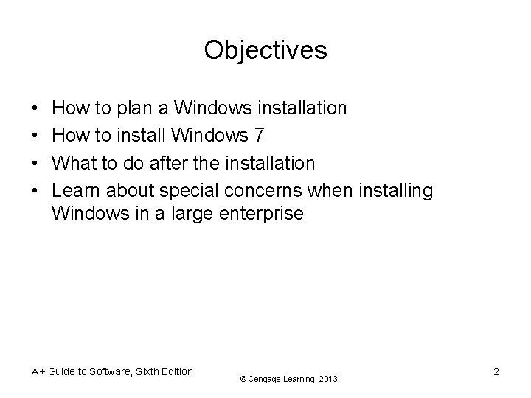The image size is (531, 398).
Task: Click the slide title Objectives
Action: pyautogui.click(x=265, y=50)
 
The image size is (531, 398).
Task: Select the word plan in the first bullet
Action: pyautogui.click(x=133, y=109)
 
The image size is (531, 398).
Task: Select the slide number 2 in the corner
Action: pyautogui.click(x=496, y=372)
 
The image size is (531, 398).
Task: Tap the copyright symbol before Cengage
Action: pyautogui.click(x=243, y=379)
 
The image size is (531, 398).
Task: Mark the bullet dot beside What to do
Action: pyautogui.click(x=37, y=162)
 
